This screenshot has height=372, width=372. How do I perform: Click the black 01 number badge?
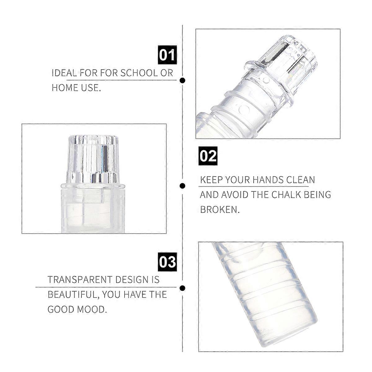point(167,55)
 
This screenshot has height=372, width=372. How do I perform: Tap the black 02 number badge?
point(208,156)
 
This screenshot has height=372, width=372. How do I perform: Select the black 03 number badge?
point(167,262)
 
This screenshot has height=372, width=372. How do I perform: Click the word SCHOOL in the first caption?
point(139,73)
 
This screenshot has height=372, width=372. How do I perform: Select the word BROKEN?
point(220,210)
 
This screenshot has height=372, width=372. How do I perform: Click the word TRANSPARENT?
point(80,280)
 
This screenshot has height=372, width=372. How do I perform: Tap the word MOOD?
point(92,309)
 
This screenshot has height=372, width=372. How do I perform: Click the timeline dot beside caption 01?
point(182,80)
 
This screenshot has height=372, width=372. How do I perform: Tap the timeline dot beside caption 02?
point(182,186)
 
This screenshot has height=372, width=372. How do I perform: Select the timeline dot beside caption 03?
point(182,288)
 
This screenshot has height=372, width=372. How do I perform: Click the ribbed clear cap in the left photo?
point(93,159)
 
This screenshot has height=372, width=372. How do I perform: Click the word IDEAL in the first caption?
point(64,73)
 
